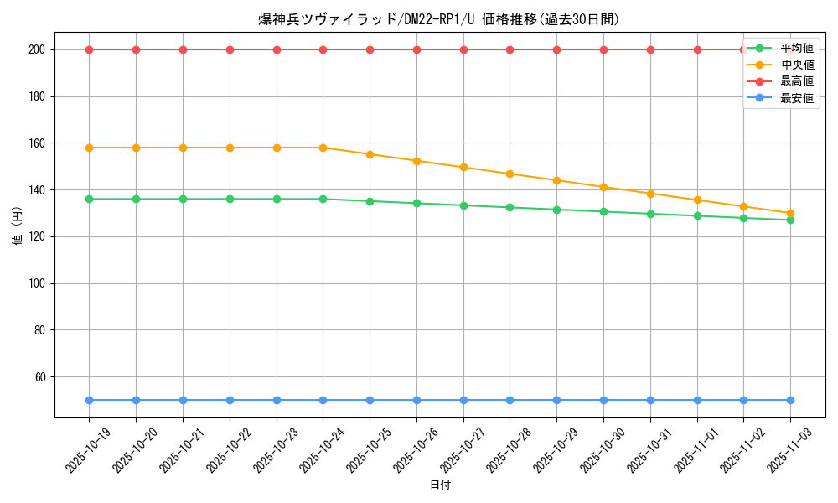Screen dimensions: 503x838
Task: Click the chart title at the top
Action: (439, 19)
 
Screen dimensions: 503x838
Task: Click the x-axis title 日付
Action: (440, 485)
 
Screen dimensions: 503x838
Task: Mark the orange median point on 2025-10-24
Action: (323, 148)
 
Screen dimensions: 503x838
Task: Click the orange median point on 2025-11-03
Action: (790, 213)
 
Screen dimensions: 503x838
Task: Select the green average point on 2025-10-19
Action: (89, 199)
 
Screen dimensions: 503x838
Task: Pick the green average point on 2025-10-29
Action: (556, 210)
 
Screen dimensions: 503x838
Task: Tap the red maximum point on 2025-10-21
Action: (183, 49)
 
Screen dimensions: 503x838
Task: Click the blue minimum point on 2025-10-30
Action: (603, 400)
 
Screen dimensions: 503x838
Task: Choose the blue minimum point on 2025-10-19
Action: (89, 400)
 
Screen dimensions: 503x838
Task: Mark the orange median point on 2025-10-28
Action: (510, 174)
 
